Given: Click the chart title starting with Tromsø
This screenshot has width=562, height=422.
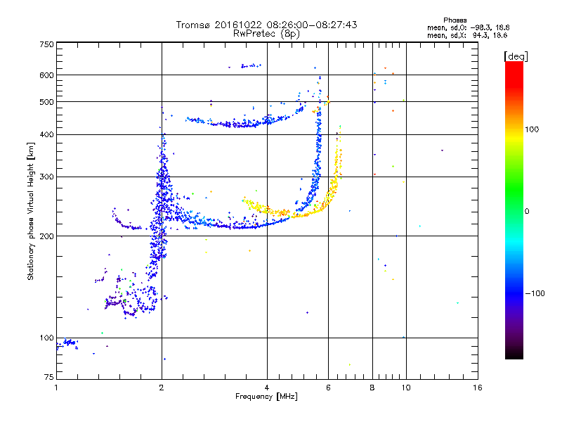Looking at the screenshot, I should coord(266,25).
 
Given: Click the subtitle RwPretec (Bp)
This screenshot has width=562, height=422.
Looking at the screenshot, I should coord(266,33).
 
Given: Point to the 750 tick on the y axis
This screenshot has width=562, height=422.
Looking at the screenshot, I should coord(47,44).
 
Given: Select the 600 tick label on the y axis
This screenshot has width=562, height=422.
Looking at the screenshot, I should coord(47,75).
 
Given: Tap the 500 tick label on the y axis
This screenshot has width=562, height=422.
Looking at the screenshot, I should coord(47,102).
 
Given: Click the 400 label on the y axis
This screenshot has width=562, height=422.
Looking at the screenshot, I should coord(47,135).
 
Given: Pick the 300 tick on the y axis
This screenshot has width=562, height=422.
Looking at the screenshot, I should coord(47,177).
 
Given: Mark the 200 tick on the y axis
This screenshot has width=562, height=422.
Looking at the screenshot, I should coord(47,236).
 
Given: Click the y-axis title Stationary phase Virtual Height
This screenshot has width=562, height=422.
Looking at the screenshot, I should coord(31,211).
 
